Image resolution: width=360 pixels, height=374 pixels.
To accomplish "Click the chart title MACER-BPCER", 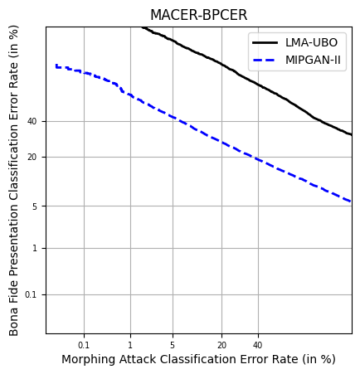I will click(198, 16).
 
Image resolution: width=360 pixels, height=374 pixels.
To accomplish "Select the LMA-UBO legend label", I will click(311, 43).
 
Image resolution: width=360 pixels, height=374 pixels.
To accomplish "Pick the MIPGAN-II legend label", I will click(314, 60).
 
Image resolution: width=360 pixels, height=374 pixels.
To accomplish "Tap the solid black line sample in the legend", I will click(267, 43).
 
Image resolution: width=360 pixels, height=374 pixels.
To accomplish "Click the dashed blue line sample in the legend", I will click(267, 60).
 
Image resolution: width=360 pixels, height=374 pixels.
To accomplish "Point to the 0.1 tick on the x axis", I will click(84, 344).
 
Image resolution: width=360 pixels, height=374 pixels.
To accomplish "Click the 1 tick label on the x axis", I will click(130, 344).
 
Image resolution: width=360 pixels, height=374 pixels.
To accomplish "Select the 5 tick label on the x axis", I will click(173, 344).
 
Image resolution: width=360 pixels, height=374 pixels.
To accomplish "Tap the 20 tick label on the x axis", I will click(221, 344).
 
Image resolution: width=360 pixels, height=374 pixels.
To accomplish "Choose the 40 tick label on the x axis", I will click(258, 344).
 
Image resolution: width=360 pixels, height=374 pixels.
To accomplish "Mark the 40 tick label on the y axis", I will click(32, 122).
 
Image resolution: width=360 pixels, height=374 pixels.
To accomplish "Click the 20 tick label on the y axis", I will click(32, 158).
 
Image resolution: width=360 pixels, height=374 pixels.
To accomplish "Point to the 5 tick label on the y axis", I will click(35, 206).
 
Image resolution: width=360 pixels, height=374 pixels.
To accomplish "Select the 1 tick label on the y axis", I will click(35, 249).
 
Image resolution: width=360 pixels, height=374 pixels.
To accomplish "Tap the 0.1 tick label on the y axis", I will click(32, 295).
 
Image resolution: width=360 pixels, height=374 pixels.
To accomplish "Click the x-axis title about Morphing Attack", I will click(198, 360).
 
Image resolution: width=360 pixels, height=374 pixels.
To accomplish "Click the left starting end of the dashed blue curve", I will click(56, 66).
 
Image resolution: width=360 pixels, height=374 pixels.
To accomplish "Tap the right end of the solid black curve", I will click(351, 134).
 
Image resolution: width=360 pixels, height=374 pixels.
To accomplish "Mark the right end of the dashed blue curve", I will click(351, 202).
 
